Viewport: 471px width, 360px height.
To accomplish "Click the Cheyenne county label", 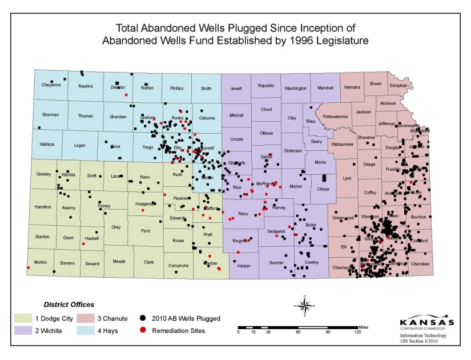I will [x=51, y=85].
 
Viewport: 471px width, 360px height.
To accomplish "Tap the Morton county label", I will [x=41, y=262].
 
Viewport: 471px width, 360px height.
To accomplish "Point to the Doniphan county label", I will [x=398, y=85].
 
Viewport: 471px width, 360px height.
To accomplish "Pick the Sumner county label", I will [x=276, y=262].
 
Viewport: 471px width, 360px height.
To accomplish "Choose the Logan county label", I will [x=80, y=145].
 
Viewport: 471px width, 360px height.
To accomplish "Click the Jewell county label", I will [x=236, y=89].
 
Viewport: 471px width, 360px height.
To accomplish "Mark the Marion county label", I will [x=296, y=186].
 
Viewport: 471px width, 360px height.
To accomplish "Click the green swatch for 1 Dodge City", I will [x=23, y=318].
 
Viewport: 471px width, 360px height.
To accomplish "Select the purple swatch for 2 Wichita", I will [x=23, y=330].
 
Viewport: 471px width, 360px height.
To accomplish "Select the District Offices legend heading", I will [x=69, y=304].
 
